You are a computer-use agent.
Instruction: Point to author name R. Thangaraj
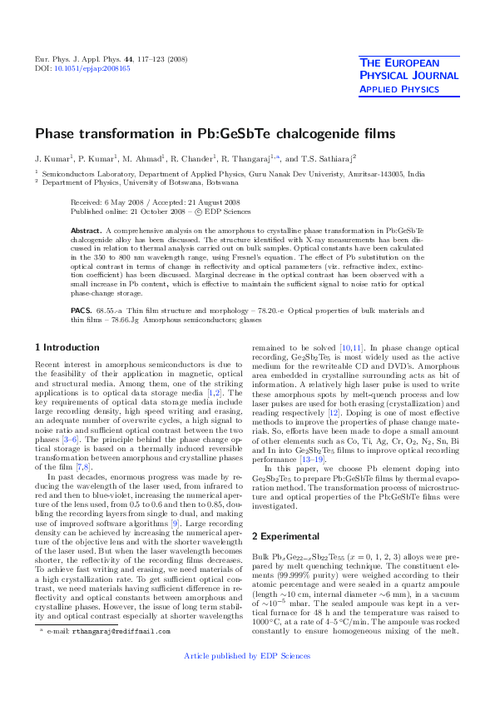246,157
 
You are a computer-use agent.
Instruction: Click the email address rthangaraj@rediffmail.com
121,632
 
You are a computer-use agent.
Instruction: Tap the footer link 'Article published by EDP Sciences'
247,656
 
